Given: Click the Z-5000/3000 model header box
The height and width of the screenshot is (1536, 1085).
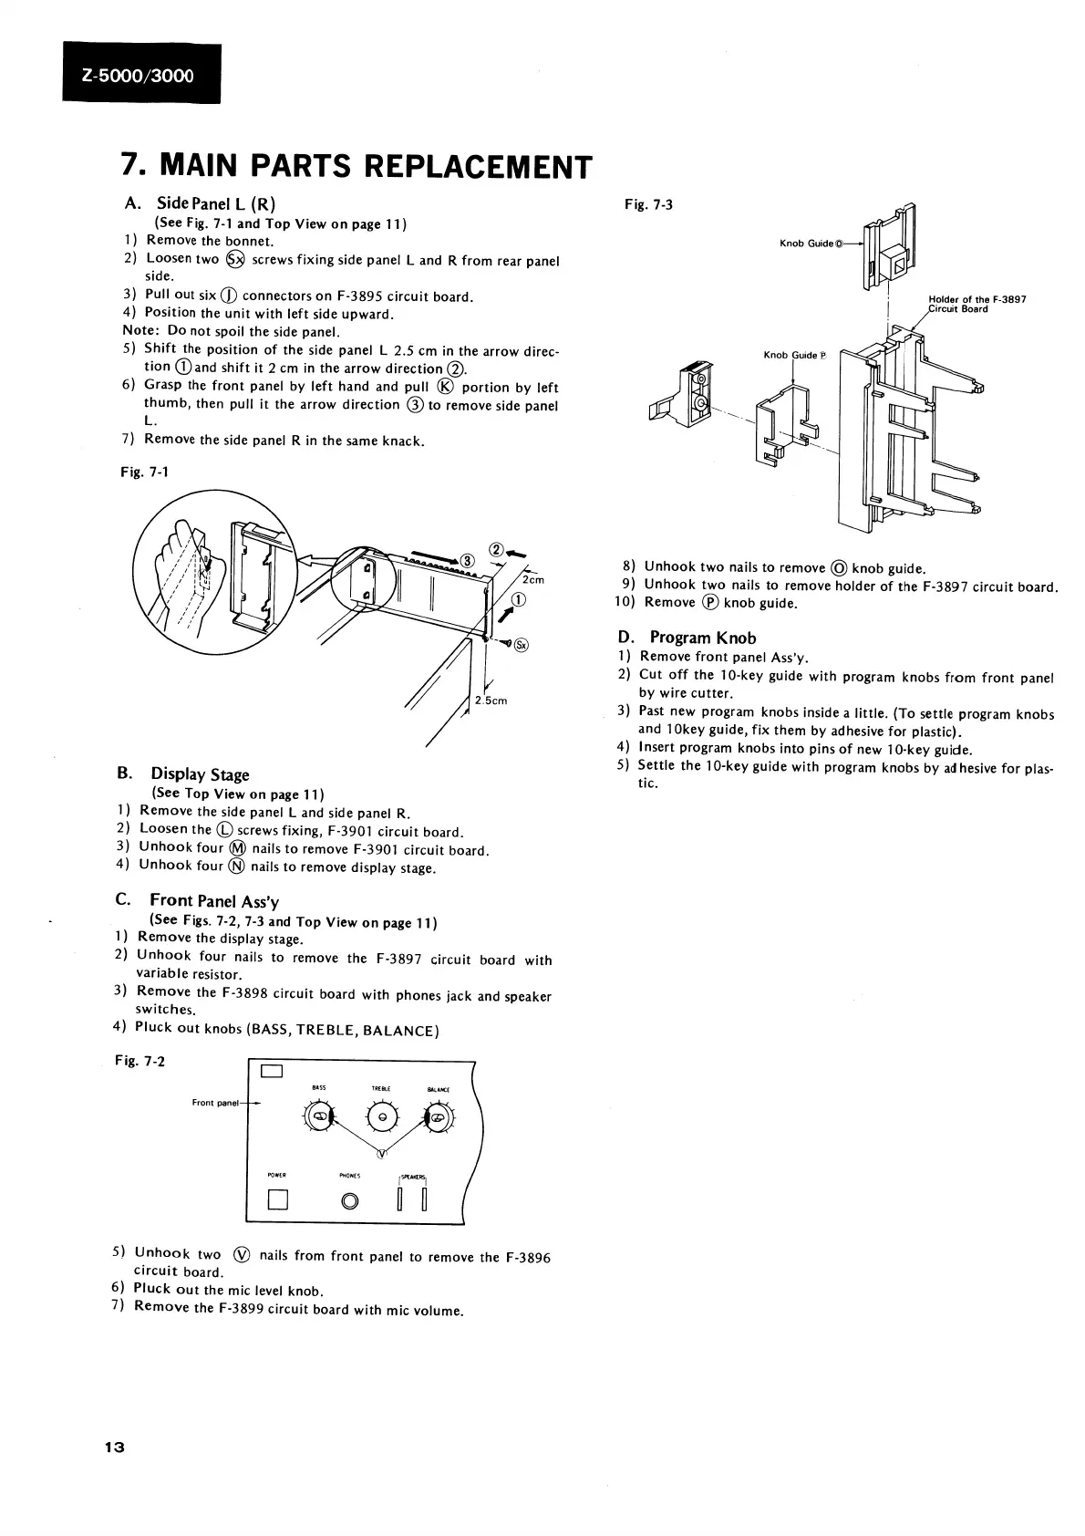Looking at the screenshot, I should click(x=141, y=75).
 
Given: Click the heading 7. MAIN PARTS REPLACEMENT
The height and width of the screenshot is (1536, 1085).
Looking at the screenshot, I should click(x=356, y=167).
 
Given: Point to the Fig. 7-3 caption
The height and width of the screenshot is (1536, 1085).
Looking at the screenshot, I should click(x=649, y=204).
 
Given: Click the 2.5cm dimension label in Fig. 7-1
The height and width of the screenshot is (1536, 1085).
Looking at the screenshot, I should click(x=491, y=701).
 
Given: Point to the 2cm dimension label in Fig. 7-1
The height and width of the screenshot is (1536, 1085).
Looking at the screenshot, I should click(x=532, y=580).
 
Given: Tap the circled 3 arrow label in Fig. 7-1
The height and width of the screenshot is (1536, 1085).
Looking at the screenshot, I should click(x=465, y=560).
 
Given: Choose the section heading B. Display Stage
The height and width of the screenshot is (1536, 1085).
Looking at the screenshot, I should click(x=183, y=774).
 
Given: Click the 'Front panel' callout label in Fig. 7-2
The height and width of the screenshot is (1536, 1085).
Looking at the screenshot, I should click(x=215, y=1103).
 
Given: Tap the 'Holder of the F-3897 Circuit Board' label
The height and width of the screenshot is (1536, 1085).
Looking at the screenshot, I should click(x=976, y=304).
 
